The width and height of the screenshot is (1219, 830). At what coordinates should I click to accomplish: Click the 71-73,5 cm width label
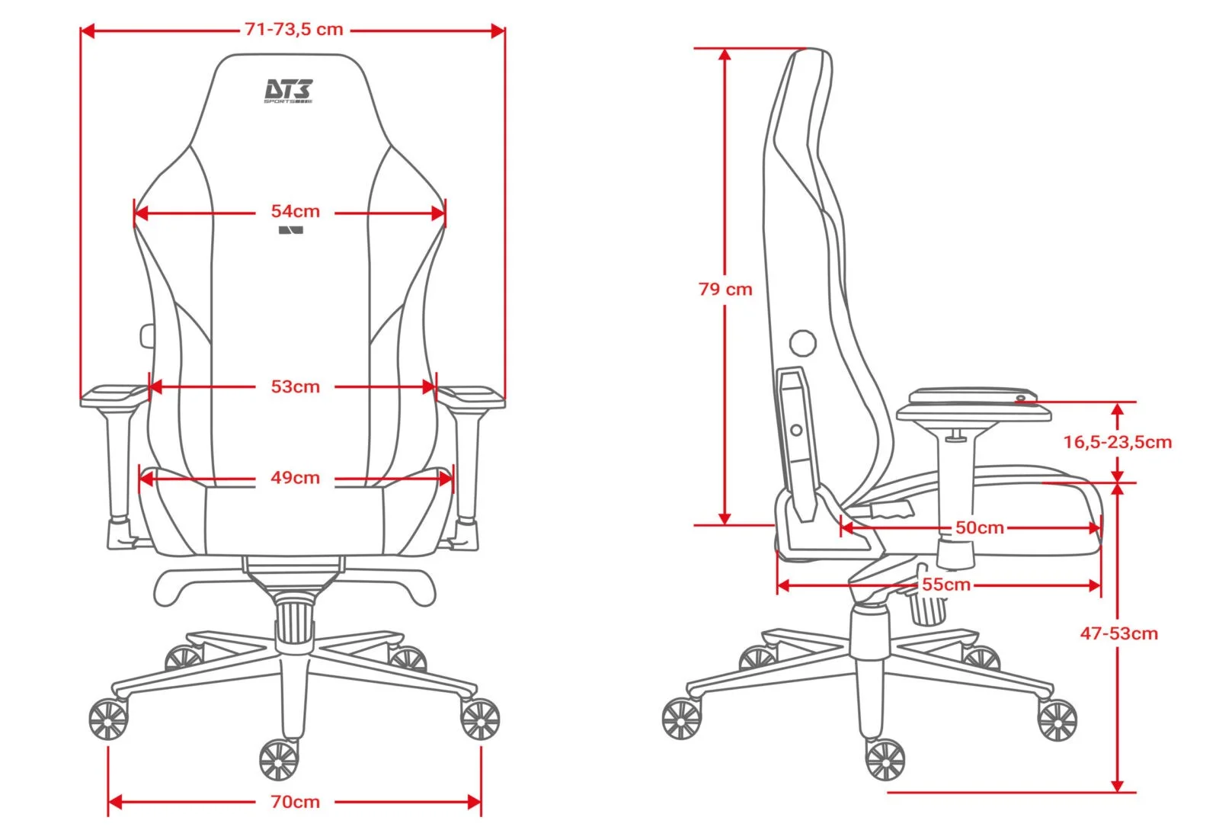point(294,30)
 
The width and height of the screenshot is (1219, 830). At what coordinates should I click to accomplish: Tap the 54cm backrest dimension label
point(296,211)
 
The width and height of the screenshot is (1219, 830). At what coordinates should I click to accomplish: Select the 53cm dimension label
point(296,386)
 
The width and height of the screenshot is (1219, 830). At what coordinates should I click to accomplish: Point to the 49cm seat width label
point(296,477)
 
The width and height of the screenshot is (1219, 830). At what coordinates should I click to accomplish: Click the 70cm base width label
point(296,802)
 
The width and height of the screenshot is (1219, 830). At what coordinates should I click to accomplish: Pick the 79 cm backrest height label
point(725,289)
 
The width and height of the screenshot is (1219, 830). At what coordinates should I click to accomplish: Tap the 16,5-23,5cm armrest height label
point(1118,442)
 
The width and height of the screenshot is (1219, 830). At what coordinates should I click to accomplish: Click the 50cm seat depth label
point(980,527)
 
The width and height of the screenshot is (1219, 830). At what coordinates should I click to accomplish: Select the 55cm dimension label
point(946,585)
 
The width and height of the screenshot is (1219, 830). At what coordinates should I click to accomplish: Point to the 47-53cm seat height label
point(1119,633)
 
